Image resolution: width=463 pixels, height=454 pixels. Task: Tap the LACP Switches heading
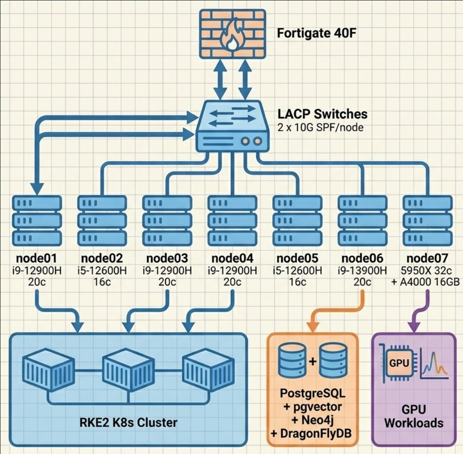[322, 114]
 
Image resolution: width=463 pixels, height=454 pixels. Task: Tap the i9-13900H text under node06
[362, 270]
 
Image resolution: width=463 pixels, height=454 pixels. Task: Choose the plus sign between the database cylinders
[312, 362]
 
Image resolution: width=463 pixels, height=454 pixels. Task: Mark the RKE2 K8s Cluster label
[127, 423]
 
